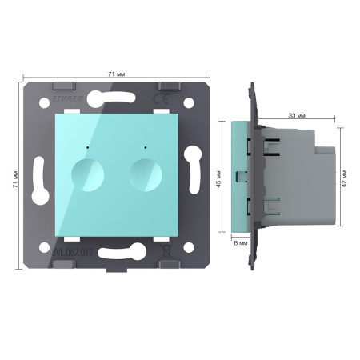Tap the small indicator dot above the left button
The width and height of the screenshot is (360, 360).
[83, 148]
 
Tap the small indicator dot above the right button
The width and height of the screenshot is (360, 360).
[145, 148]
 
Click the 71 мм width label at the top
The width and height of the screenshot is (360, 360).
[114, 73]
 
